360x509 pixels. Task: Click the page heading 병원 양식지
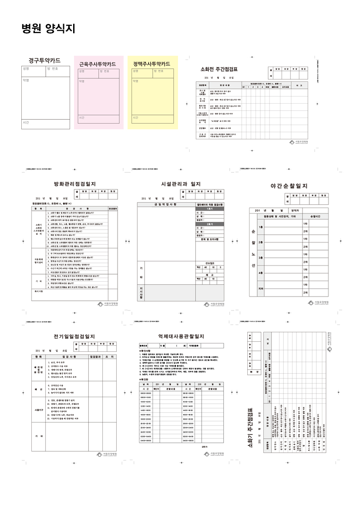pyautogui.click(x=48, y=29)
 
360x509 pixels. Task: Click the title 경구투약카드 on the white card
pyautogui.click(x=44, y=61)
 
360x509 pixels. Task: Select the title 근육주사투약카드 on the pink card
pyautogui.click(x=98, y=64)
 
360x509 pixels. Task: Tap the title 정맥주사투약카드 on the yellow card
pyautogui.click(x=151, y=64)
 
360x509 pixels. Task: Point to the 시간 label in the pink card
pyautogui.click(x=81, y=118)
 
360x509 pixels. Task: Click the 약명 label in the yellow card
pyautogui.click(x=135, y=81)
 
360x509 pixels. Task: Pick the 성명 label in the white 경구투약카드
pyautogui.click(x=26, y=69)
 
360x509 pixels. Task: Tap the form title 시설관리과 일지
pyautogui.click(x=181, y=184)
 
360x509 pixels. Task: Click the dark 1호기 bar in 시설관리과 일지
pyautogui.click(x=210, y=209)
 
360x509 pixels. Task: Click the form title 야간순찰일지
pyautogui.click(x=289, y=186)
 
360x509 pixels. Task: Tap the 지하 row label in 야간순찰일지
pyautogui.click(x=261, y=288)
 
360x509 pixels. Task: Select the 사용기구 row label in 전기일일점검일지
pyautogui.click(x=40, y=410)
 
